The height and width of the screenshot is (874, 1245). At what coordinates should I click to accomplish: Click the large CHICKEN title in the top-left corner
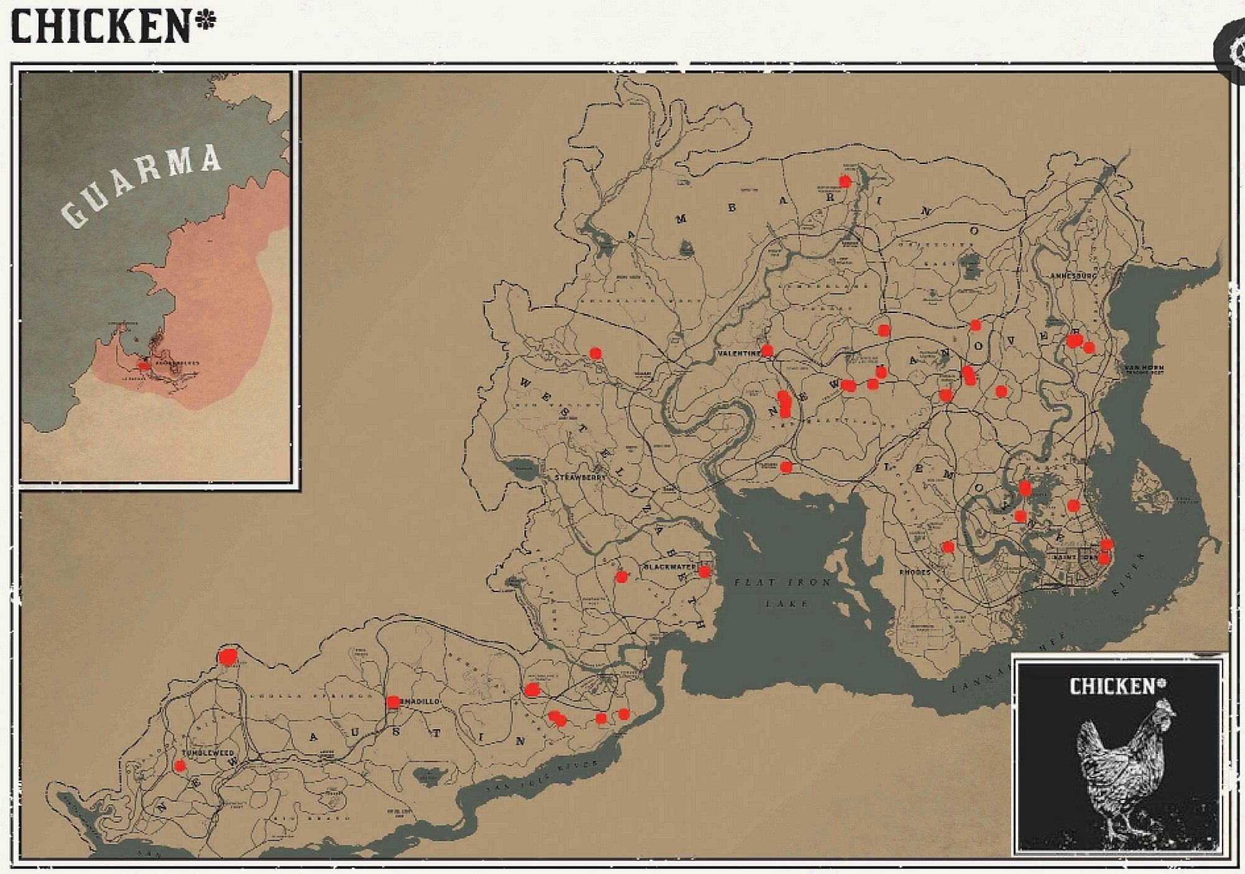point(100,27)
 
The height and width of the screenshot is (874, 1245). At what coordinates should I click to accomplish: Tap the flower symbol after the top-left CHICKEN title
point(205,22)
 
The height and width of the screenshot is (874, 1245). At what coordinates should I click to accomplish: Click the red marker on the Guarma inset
point(144,366)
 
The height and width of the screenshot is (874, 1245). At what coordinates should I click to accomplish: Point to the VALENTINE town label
point(739,353)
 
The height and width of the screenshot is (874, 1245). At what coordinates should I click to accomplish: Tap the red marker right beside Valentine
point(767,351)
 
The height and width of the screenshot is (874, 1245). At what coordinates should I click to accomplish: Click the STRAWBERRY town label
point(580,478)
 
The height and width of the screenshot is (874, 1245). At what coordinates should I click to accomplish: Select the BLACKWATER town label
point(669,567)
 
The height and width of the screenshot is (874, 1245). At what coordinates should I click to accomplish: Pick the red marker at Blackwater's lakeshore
point(704,571)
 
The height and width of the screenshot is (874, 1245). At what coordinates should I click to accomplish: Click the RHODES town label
point(915,572)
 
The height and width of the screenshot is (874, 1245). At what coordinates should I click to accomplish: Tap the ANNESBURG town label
point(1073,275)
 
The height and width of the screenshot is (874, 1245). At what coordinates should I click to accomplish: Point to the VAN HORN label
point(1143,368)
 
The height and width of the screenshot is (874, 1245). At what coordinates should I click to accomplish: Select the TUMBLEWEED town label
point(208,753)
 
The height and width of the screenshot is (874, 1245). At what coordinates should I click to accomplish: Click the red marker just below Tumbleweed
point(180,766)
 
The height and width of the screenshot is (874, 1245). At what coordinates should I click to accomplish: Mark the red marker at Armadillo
point(393,702)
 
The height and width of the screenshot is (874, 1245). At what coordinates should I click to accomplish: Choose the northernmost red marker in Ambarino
point(845,182)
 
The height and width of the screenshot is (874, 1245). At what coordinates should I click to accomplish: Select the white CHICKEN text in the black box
point(1112,686)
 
